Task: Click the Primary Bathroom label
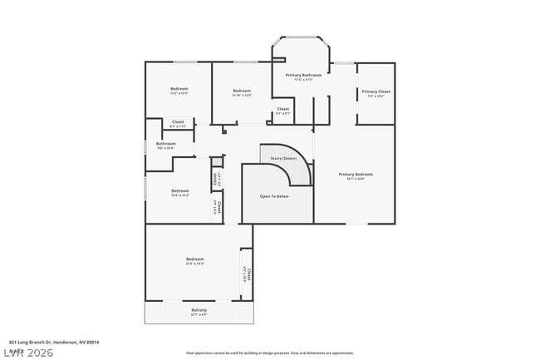click(303, 76)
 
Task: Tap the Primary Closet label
click(376, 91)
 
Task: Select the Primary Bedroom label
click(356, 175)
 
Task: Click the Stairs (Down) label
click(283, 158)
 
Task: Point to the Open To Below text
click(274, 197)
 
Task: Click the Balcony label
click(199, 310)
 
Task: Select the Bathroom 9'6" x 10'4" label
click(166, 143)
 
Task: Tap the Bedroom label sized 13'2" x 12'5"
click(179, 89)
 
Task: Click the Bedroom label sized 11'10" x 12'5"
click(242, 91)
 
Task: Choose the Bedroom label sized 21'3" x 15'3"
click(195, 259)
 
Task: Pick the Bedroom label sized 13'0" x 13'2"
click(180, 190)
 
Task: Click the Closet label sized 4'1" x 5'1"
click(282, 109)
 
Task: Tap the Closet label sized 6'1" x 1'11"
click(178, 122)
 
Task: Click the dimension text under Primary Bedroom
click(356, 180)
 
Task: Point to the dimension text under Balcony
click(199, 315)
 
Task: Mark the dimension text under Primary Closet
click(376, 96)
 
